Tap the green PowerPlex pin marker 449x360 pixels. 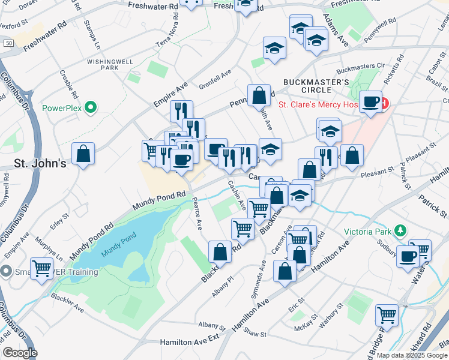click(91, 109)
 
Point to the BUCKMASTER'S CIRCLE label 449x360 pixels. click(316, 86)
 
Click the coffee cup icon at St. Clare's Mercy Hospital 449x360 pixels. click(371, 101)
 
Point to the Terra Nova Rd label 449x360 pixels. click(172, 37)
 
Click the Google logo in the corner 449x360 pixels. click(20, 353)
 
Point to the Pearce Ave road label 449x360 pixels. click(197, 215)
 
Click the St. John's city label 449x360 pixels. click(40, 163)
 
